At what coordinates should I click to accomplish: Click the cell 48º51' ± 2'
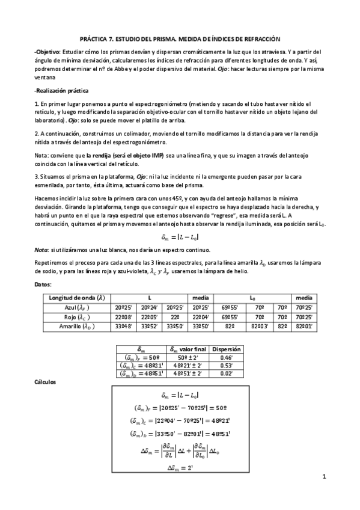click(189, 373)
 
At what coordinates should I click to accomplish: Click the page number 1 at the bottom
click(323, 478)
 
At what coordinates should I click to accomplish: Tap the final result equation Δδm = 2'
click(178, 466)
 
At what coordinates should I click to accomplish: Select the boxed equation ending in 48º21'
click(178, 420)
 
